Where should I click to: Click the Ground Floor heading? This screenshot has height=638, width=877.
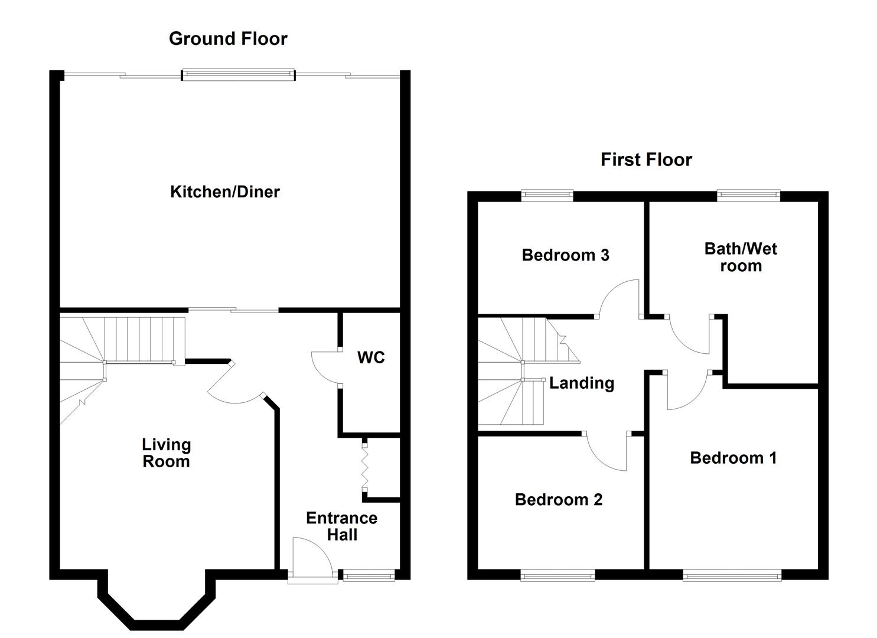[228, 38]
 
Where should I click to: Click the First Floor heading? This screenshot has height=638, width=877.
[646, 159]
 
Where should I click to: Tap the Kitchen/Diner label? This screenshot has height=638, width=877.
[224, 191]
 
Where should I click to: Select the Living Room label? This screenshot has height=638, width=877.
[166, 453]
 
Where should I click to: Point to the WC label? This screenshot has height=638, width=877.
[371, 357]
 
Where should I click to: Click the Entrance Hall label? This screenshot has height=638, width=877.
[341, 526]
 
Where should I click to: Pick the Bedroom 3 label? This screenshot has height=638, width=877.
[565, 255]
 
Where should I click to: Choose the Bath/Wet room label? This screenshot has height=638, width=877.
[741, 257]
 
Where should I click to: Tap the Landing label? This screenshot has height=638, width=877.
[582, 383]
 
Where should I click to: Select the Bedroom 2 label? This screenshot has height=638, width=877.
[559, 500]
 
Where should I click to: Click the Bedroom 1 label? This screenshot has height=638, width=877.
[733, 458]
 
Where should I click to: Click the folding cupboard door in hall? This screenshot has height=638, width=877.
[365, 467]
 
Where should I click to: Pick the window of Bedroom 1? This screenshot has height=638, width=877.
[732, 575]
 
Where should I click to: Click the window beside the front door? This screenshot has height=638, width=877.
[369, 575]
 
